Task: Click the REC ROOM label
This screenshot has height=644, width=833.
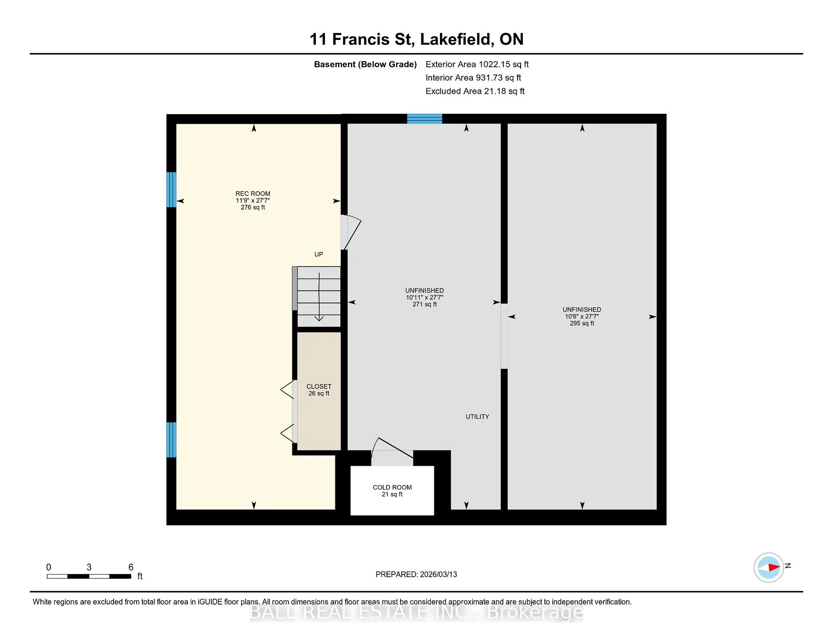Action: [253, 194]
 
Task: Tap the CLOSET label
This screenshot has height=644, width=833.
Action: [319, 386]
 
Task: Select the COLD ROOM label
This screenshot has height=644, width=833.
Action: [392, 487]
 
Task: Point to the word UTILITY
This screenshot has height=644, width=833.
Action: [477, 417]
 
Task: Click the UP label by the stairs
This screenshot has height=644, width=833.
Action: [319, 254]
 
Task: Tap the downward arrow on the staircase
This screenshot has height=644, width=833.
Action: [319, 297]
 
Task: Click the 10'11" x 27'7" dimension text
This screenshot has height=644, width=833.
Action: [424, 297]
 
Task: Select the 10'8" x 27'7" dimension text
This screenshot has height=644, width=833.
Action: [582, 316]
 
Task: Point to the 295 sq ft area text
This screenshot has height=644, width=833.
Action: [582, 323]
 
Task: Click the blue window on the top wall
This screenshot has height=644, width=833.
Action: [424, 119]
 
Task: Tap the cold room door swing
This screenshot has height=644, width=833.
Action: [392, 451]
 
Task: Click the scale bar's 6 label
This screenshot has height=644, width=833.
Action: [131, 567]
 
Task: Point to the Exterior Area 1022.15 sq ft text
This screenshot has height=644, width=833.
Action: [477, 64]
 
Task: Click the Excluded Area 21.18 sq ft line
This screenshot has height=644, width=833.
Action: [475, 91]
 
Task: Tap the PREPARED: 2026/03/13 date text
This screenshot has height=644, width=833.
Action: [416, 574]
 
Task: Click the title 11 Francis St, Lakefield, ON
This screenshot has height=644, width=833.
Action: [416, 39]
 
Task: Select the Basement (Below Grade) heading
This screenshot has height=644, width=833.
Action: [365, 64]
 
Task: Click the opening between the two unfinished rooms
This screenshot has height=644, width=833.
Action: [504, 336]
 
